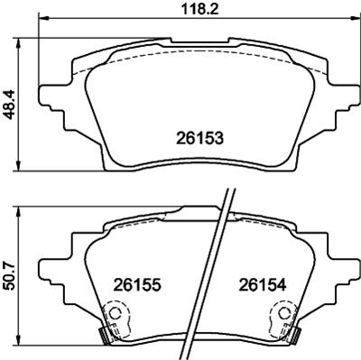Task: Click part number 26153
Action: click(x=198, y=138)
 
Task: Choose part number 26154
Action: click(x=262, y=283)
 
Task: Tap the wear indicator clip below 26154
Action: click(x=282, y=323)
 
